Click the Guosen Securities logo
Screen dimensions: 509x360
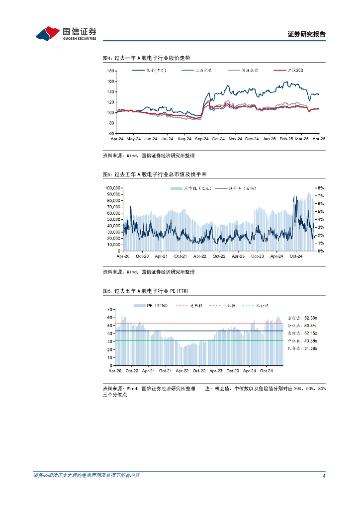[66, 33]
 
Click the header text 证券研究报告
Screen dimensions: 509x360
[307, 34]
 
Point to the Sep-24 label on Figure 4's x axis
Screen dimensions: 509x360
[202, 139]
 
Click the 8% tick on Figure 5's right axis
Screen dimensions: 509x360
[321, 188]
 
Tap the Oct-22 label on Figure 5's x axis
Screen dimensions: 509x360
[219, 256]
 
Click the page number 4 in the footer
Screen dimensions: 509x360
[324, 476]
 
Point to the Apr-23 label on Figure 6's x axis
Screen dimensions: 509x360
[216, 371]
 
